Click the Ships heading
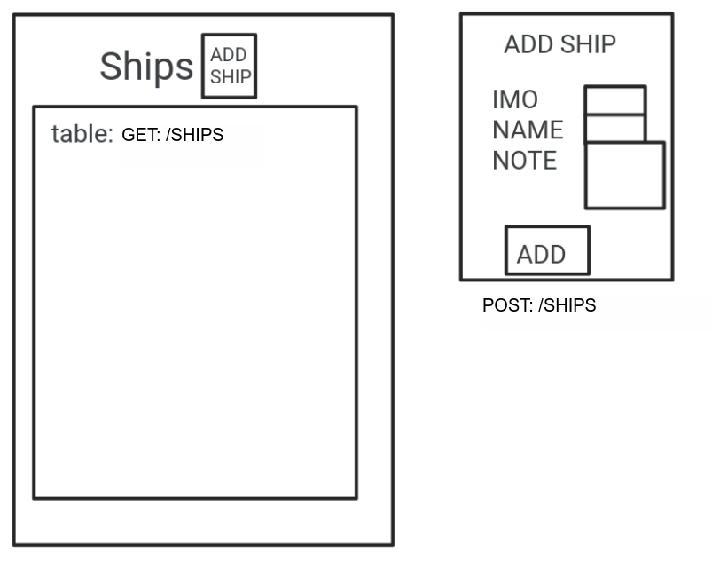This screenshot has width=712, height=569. [x=146, y=67]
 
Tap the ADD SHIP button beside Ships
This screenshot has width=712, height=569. [x=229, y=66]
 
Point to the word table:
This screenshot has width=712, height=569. [x=82, y=134]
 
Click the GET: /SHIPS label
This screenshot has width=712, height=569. [x=172, y=135]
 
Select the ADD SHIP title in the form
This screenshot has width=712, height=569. [x=559, y=44]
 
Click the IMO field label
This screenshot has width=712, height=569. [x=515, y=99]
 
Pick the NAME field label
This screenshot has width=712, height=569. [x=528, y=130]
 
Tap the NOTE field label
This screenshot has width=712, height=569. [x=525, y=161]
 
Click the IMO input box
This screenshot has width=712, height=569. [x=614, y=100]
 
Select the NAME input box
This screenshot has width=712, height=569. [x=614, y=129]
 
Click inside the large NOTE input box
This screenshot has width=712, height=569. [x=625, y=176]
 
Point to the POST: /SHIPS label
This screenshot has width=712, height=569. [x=539, y=305]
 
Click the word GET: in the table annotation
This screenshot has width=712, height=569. [x=141, y=135]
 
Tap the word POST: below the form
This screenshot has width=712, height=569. [x=507, y=305]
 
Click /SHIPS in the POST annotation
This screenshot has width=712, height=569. [x=567, y=305]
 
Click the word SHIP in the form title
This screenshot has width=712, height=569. [x=586, y=44]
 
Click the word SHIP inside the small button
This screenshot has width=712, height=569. [x=231, y=76]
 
